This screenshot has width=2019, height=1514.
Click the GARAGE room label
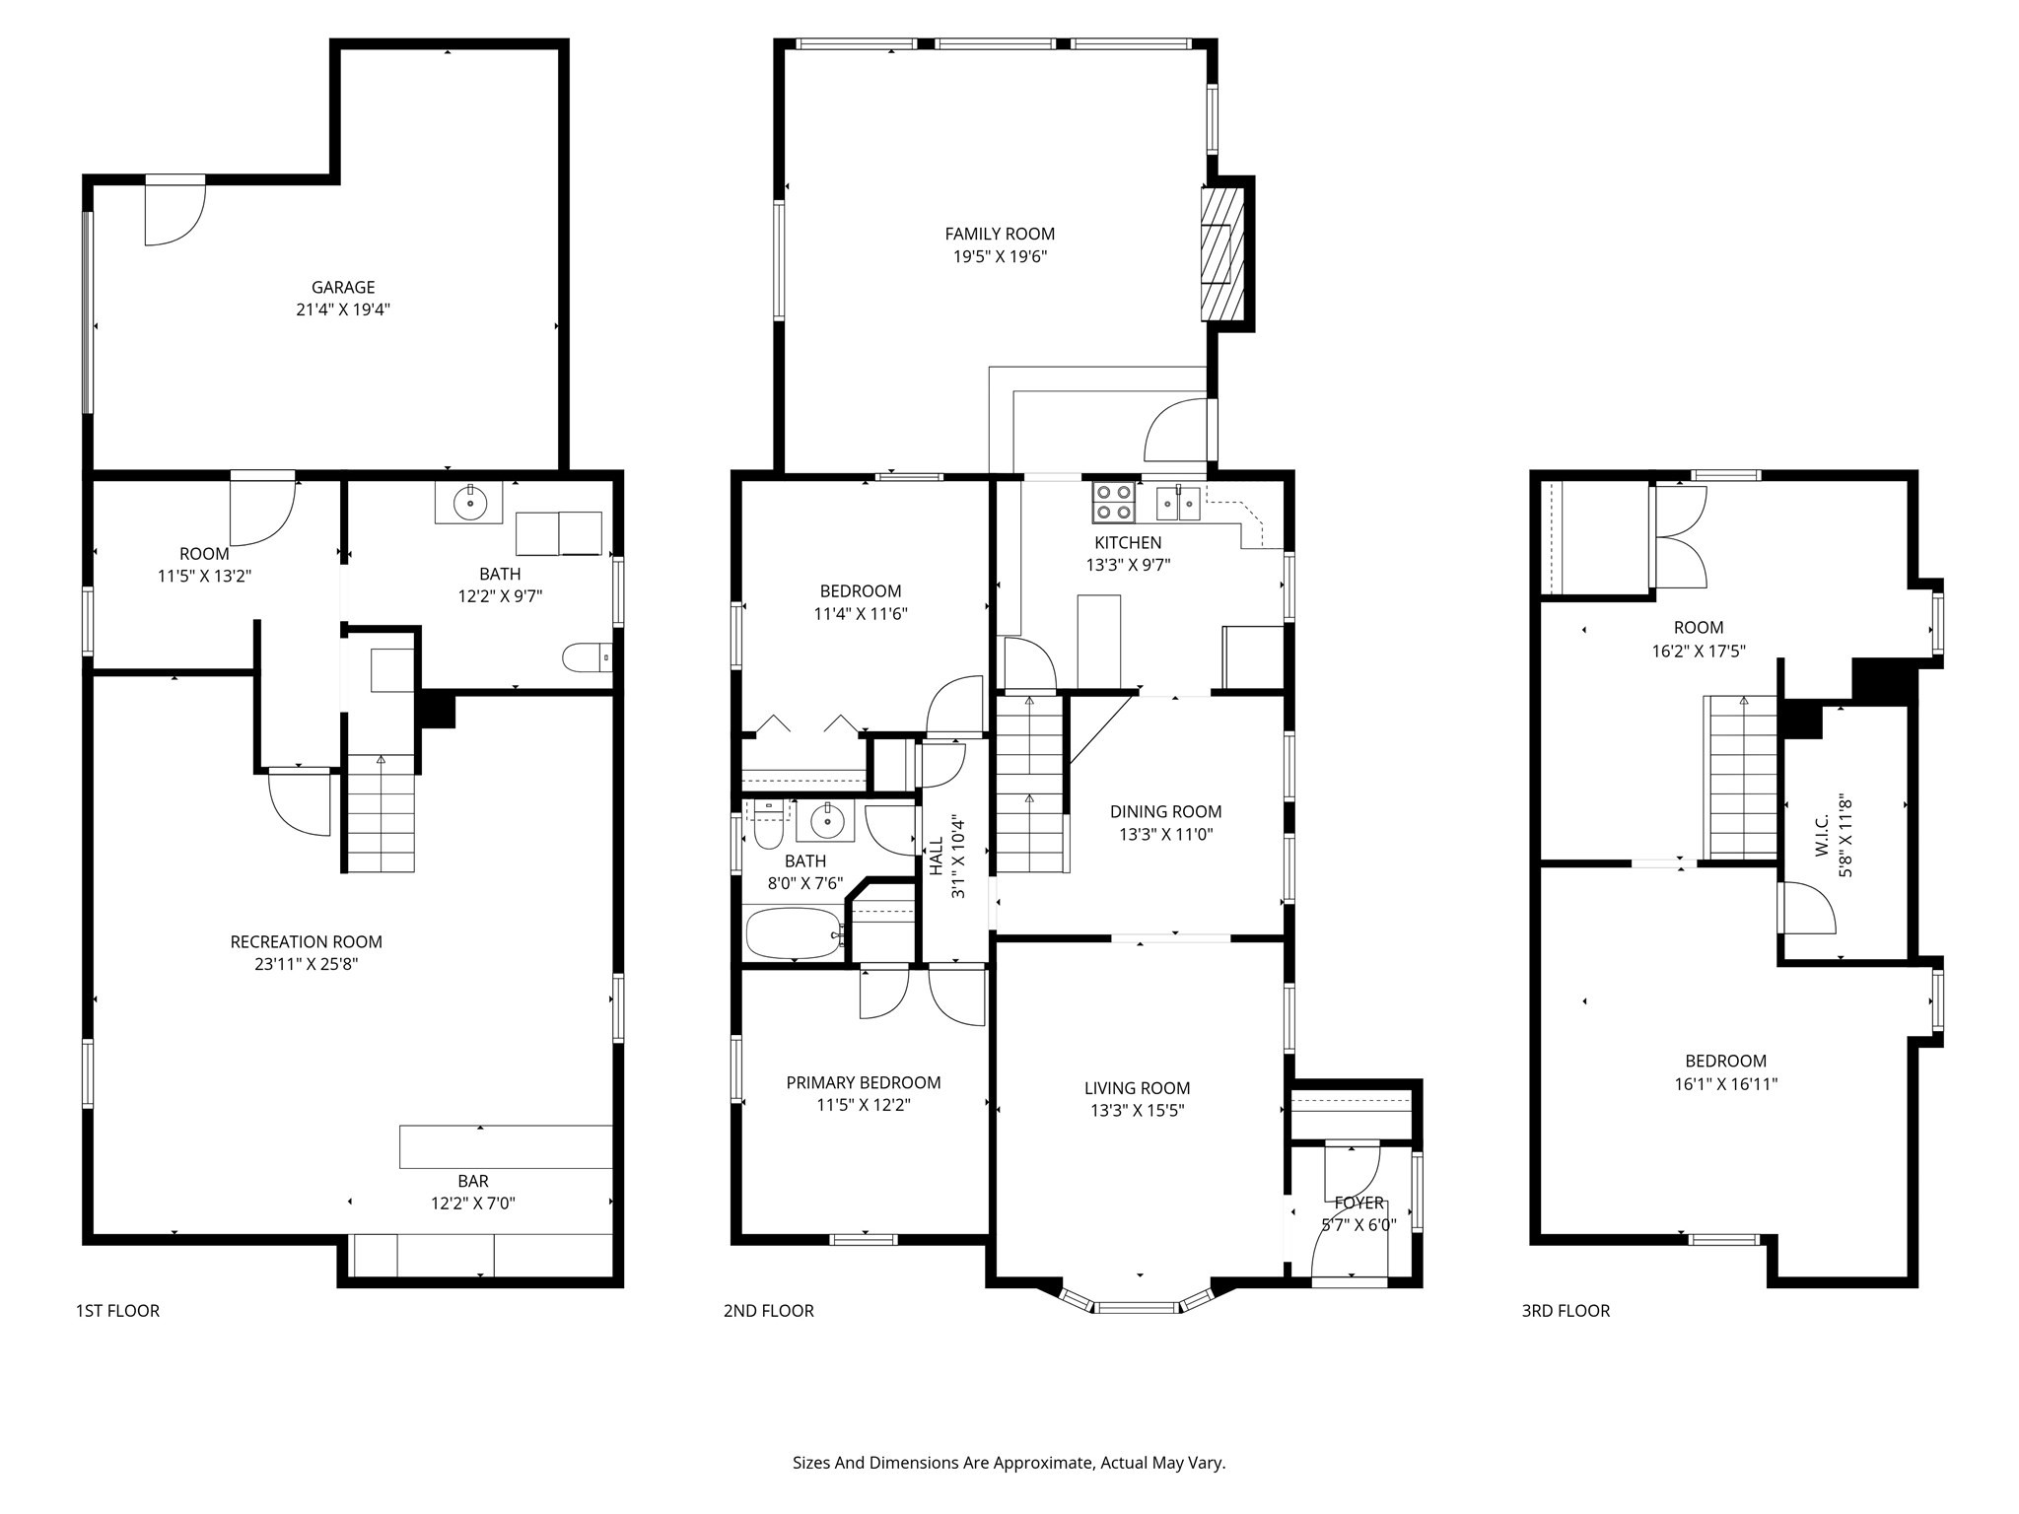343,287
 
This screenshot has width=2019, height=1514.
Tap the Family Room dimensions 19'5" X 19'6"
1000,257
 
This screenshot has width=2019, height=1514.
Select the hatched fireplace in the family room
1222,253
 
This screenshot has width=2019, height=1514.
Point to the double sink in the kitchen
1178,503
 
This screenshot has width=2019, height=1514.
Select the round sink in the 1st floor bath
470,504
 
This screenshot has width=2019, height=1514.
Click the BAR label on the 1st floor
473,1181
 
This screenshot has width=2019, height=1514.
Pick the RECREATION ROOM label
306,942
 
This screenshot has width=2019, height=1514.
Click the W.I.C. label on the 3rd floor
1822,834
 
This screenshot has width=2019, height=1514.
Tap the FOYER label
1359,1203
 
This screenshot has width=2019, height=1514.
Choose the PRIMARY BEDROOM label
863,1082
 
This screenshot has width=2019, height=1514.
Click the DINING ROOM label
1165,812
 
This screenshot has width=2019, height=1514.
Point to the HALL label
936,856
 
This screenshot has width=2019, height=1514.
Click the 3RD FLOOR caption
1566,1311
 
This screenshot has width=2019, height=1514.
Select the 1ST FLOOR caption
117,1311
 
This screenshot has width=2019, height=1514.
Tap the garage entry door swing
174,213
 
